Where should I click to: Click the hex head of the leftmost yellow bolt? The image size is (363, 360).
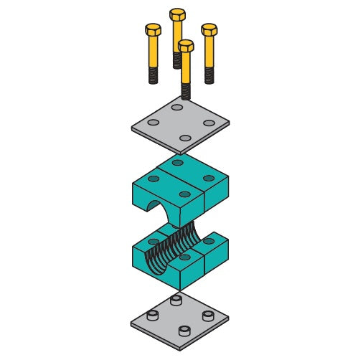point(153,29)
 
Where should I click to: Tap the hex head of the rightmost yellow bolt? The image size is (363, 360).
point(209,29)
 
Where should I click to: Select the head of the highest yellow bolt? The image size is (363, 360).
point(177,14)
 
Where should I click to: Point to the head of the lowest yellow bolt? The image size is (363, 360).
point(186,46)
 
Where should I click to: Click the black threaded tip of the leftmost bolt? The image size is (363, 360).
point(153,75)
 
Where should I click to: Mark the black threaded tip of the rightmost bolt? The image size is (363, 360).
point(209,75)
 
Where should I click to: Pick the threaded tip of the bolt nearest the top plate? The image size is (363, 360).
point(186,91)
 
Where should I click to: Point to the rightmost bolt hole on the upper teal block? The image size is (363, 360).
point(209,178)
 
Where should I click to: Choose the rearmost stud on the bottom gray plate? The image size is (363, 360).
point(176,300)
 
